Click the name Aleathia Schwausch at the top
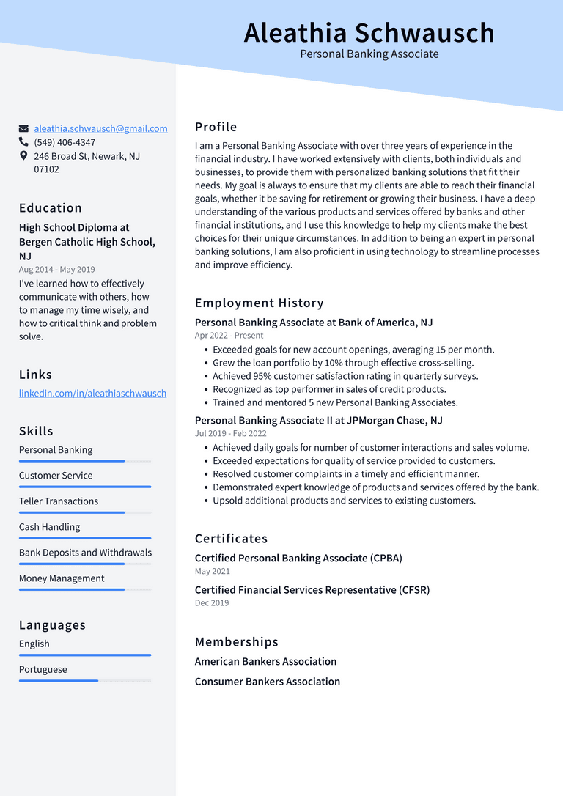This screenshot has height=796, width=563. [369, 33]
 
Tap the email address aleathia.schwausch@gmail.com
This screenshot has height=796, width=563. [100, 128]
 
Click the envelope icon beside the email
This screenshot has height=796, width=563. [24, 129]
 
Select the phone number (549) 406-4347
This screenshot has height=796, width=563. [65, 142]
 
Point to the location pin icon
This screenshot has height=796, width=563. [24, 156]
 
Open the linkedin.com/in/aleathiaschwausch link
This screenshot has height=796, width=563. [92, 393]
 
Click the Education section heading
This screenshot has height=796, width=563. [51, 208]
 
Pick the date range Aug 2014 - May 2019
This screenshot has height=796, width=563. [56, 270]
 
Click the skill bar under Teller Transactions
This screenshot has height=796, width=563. [84, 512]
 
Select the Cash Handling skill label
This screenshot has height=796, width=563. [49, 527]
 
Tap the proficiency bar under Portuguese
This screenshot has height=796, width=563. [84, 681]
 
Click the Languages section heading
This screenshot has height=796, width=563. [52, 625]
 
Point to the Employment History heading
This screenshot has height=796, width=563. [259, 303]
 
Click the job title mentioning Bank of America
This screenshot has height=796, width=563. [313, 323]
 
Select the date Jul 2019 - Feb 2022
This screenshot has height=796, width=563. [231, 434]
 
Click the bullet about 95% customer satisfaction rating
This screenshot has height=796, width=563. [345, 376]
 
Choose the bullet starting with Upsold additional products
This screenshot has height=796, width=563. [344, 501]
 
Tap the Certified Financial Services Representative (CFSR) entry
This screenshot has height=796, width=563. [312, 590]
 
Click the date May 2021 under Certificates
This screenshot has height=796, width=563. [212, 571]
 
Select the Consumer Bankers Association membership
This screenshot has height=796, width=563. [267, 682]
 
